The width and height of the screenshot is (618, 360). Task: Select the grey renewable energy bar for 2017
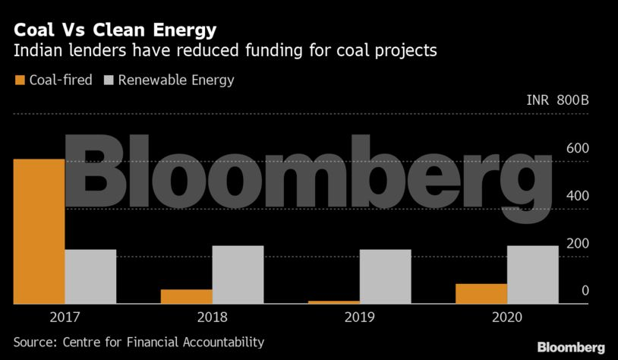[90, 276]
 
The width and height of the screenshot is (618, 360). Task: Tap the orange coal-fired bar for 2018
[187, 296]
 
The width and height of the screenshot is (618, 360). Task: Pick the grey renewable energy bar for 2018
[238, 274]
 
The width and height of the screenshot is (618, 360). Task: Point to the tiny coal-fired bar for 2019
[334, 302]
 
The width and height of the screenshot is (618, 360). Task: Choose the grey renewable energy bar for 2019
[385, 276]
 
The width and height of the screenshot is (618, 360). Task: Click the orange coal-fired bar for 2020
[481, 293]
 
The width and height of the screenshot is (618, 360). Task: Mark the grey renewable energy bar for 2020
[532, 274]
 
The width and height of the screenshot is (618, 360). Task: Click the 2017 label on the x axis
[65, 317]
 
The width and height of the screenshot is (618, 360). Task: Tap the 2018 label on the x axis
[213, 317]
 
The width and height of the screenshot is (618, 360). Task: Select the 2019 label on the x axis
[360, 317]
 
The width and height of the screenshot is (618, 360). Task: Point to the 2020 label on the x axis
[507, 317]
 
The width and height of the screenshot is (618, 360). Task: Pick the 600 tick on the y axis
[578, 147]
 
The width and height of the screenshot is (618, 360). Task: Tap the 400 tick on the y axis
[578, 195]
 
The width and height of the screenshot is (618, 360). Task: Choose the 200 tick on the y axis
[578, 243]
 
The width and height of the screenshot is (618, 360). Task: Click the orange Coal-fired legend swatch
[20, 80]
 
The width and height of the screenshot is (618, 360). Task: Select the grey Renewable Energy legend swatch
[109, 80]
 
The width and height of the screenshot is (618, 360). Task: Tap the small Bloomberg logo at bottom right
[571, 347]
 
